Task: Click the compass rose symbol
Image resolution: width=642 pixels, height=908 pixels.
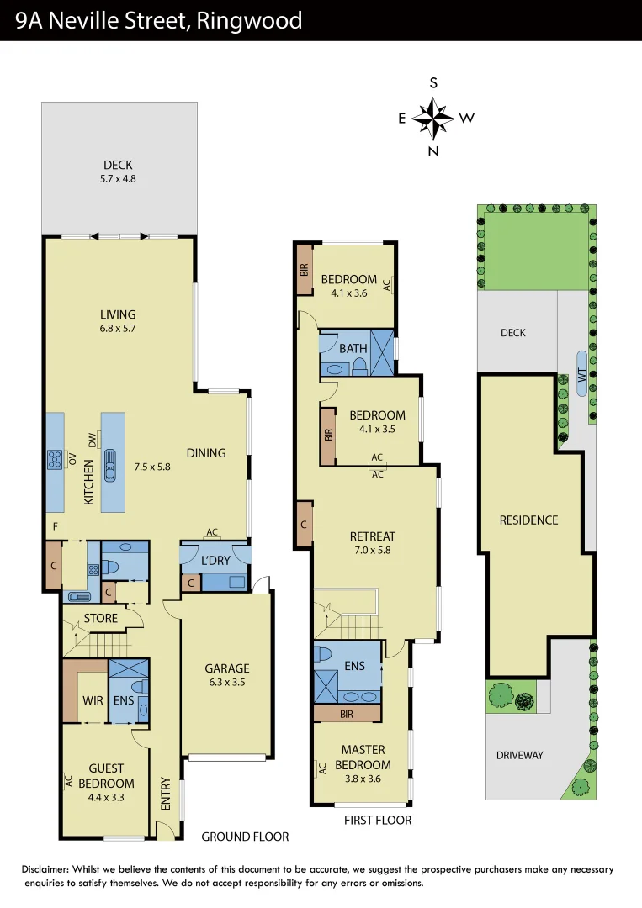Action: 433,118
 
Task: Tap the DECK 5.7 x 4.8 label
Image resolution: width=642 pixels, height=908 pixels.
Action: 118,172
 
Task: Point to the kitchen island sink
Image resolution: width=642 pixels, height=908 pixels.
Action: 112,465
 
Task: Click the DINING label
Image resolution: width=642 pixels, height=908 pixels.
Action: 206,452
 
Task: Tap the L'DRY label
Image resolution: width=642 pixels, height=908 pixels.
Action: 215,560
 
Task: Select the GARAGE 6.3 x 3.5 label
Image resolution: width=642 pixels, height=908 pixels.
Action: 226,675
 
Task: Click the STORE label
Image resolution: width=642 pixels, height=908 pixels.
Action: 100,620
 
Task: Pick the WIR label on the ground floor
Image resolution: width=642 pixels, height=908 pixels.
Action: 93,699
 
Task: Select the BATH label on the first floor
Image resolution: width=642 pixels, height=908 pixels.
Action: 353,348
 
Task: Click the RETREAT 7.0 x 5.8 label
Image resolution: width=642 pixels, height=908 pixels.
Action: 373,543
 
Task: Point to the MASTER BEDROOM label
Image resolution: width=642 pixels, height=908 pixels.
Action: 363,757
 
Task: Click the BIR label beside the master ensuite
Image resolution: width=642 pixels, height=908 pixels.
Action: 346,714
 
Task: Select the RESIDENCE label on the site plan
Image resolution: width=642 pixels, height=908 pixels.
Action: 528,520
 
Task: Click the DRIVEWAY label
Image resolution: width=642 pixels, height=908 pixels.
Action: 519,755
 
